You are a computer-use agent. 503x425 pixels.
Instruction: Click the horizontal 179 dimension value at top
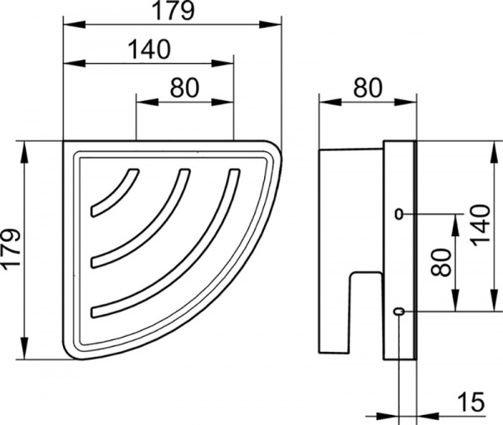pyautogui.click(x=173, y=11)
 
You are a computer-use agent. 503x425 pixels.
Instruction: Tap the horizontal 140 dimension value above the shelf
pyautogui.click(x=149, y=50)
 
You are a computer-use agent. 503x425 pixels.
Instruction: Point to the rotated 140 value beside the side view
pyautogui.click(x=481, y=225)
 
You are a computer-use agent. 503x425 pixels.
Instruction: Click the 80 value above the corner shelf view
pyautogui.click(x=184, y=87)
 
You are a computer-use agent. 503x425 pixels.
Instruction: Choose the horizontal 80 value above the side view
pyautogui.click(x=368, y=87)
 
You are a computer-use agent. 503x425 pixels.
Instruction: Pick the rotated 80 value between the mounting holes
pyautogui.click(x=442, y=263)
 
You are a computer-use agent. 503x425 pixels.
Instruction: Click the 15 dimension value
pyautogui.click(x=471, y=401)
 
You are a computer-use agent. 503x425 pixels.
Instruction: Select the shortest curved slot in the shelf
pyautogui.click(x=115, y=194)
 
